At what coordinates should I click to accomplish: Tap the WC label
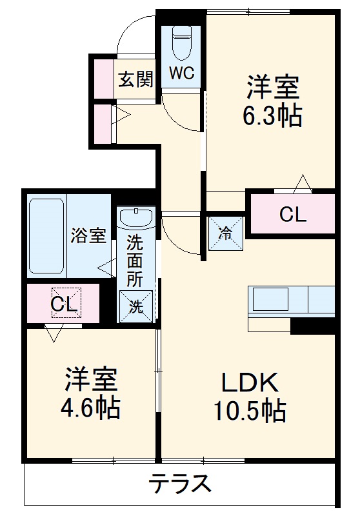click(181, 74)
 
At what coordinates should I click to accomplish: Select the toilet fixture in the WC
click(181, 43)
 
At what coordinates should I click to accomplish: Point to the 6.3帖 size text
click(272, 115)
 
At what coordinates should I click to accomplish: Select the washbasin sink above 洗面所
click(137, 219)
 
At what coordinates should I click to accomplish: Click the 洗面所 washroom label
click(135, 261)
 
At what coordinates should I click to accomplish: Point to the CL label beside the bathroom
click(65, 305)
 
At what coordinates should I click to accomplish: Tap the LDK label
click(250, 384)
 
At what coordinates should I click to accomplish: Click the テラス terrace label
click(180, 482)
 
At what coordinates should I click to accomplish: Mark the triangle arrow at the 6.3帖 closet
click(301, 184)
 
